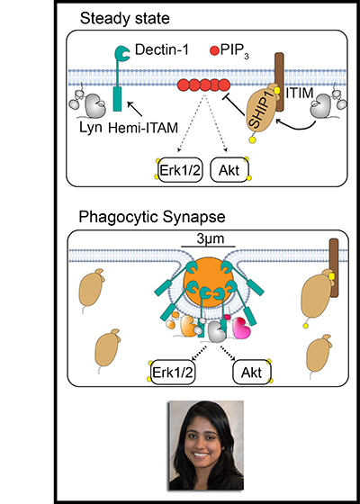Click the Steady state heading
[x=125, y=19]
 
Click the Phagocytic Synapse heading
[x=152, y=218]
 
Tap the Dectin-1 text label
[x=162, y=50]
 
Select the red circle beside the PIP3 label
[x=214, y=50]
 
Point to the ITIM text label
[x=299, y=94]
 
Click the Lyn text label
[x=91, y=128]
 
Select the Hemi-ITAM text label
[x=143, y=129]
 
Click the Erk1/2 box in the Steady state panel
[x=180, y=170]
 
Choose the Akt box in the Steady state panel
[x=229, y=170]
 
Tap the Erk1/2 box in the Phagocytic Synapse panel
[x=174, y=373]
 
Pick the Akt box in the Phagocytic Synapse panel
[x=252, y=373]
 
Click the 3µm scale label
[x=210, y=239]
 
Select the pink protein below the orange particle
[x=242, y=328]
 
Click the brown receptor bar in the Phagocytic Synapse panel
[x=334, y=268]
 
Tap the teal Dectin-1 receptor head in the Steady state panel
[x=122, y=53]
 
